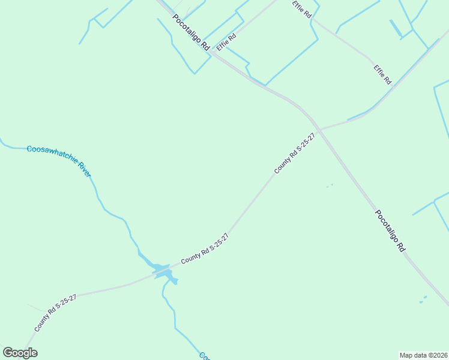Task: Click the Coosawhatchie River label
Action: (59, 160)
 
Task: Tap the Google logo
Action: (20, 353)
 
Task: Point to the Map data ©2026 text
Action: (423, 355)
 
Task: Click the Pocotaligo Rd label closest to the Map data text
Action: (390, 230)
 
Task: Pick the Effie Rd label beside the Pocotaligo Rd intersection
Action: (226, 42)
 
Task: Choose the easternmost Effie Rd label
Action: (382, 74)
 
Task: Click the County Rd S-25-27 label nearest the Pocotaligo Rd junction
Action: (295, 154)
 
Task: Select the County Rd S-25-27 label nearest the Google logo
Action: (55, 313)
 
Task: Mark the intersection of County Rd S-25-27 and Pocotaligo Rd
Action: (321, 130)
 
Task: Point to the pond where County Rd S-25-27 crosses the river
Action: (162, 270)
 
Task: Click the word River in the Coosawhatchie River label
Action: (82, 168)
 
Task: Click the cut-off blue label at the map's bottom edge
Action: (204, 356)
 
